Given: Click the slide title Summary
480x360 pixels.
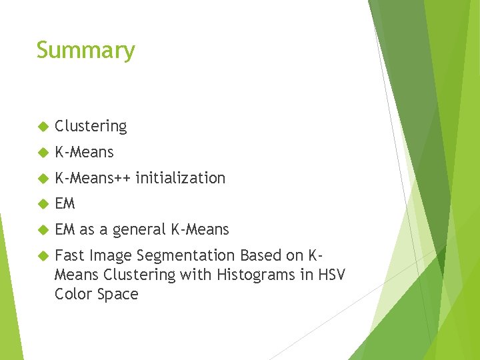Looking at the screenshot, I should point(85,51).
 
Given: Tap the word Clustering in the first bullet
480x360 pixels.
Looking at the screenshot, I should point(91,126).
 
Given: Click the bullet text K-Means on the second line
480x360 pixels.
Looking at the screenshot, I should point(84,152).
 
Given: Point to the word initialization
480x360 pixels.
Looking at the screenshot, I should point(180,178).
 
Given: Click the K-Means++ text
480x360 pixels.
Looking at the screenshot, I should point(93,178).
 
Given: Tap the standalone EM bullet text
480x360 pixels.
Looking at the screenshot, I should point(65,204).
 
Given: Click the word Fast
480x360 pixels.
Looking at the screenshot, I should point(69,255).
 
